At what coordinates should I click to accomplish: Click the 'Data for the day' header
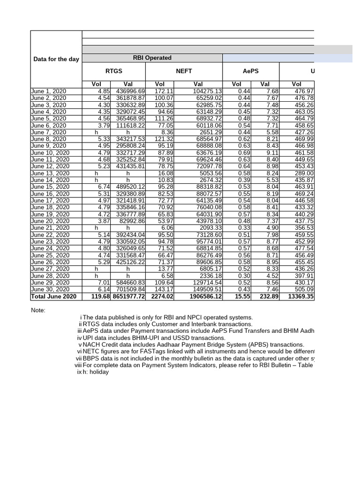[x=56, y=59]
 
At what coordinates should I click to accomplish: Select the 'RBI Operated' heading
[x=152, y=58]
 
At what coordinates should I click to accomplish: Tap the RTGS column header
[x=113, y=71]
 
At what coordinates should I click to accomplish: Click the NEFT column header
[x=183, y=71]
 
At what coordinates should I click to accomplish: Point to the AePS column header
[x=250, y=71]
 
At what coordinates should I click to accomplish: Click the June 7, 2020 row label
[x=49, y=132]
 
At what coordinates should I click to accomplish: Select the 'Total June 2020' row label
[x=53, y=296]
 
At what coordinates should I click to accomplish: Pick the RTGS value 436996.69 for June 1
[x=128, y=91]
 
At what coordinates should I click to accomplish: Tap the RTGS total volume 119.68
[x=100, y=296]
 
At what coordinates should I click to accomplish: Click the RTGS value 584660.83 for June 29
[x=128, y=283]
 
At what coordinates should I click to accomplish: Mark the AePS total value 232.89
[x=269, y=296]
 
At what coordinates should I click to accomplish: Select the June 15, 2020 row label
[x=51, y=187]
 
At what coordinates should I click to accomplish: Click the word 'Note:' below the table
[x=38, y=310]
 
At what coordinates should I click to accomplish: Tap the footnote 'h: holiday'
[x=96, y=372]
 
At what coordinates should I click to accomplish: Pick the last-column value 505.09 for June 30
[x=304, y=289]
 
